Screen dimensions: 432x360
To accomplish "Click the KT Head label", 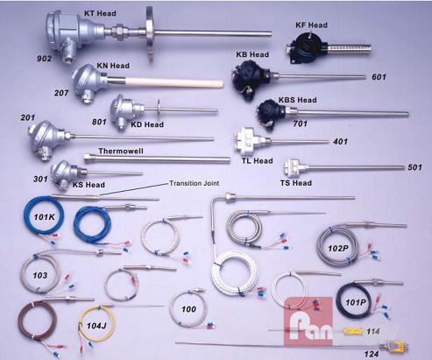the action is tap(100, 13).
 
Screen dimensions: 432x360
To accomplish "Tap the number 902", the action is tap(44, 59).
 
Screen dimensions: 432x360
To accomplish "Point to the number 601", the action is tap(379, 77).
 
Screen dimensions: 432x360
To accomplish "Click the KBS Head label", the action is tap(297, 100).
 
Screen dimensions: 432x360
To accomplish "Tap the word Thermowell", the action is tap(121, 151).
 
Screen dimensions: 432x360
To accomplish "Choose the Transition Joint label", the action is tap(195, 183).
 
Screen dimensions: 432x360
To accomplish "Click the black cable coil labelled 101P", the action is tap(339, 300).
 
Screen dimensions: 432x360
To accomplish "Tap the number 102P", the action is tap(338, 249).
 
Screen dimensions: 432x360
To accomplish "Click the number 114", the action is tap(373, 331).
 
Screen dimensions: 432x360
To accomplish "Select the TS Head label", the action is tap(296, 183).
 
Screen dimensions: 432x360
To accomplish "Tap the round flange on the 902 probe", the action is tap(150, 34).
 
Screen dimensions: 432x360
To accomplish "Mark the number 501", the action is tap(414, 167).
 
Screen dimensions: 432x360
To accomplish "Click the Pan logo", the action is tap(308, 322).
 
